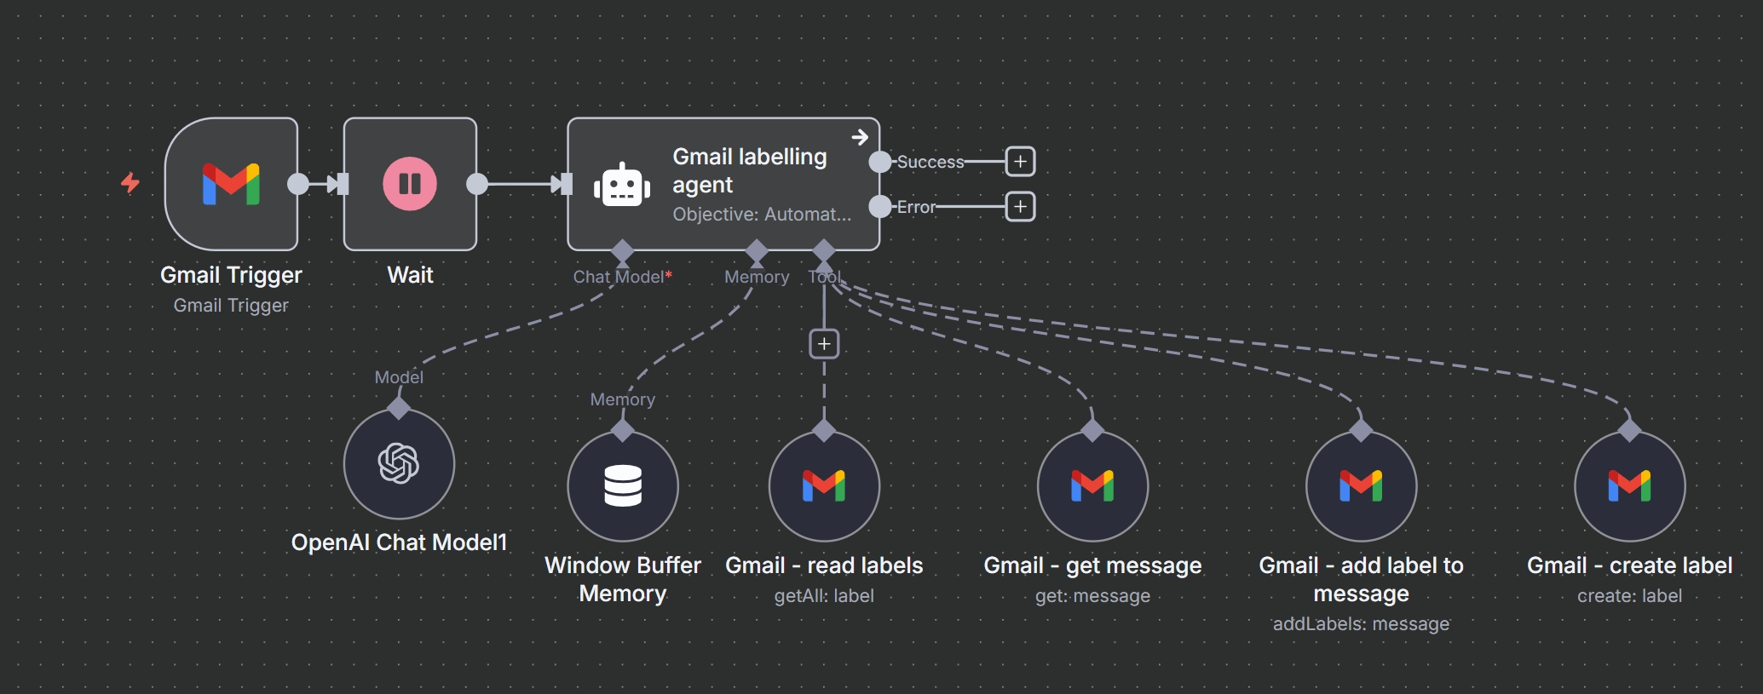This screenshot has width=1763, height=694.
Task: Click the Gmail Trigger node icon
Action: point(231,184)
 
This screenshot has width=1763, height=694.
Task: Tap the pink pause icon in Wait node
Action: point(410,184)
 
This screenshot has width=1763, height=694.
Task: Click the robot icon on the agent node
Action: point(622,185)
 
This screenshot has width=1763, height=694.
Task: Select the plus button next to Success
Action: point(1020,162)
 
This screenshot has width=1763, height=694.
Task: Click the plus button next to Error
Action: point(1020,207)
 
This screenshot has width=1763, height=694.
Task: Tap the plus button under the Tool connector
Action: point(824,344)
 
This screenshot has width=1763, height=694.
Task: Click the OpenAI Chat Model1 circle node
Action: point(399,464)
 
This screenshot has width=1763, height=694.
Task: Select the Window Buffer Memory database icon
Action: point(623,486)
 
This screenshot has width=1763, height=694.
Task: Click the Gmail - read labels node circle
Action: point(824,486)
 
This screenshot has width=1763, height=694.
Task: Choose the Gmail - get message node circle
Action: point(1092,486)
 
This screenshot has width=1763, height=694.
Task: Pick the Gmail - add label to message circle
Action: point(1361,486)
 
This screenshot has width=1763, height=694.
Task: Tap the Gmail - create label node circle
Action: point(1629,486)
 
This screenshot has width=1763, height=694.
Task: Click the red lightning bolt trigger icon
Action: point(130,182)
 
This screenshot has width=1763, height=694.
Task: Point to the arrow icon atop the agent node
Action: point(860,137)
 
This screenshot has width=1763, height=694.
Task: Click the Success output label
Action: point(930,162)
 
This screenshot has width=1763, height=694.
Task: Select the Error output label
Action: point(916,207)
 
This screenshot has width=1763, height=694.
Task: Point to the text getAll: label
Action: point(824,596)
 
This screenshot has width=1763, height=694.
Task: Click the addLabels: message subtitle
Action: point(1361,624)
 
